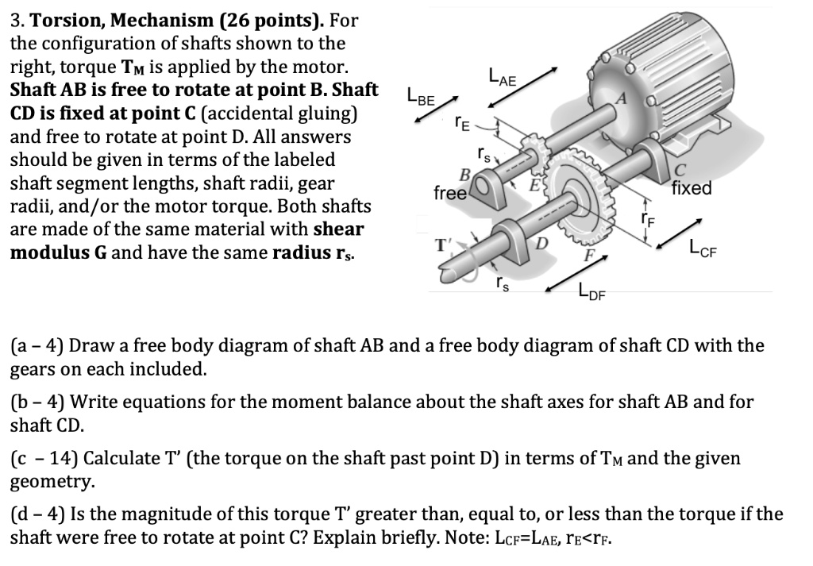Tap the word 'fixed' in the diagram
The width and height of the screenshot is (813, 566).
point(691,189)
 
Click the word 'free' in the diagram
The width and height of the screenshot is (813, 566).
point(450,192)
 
